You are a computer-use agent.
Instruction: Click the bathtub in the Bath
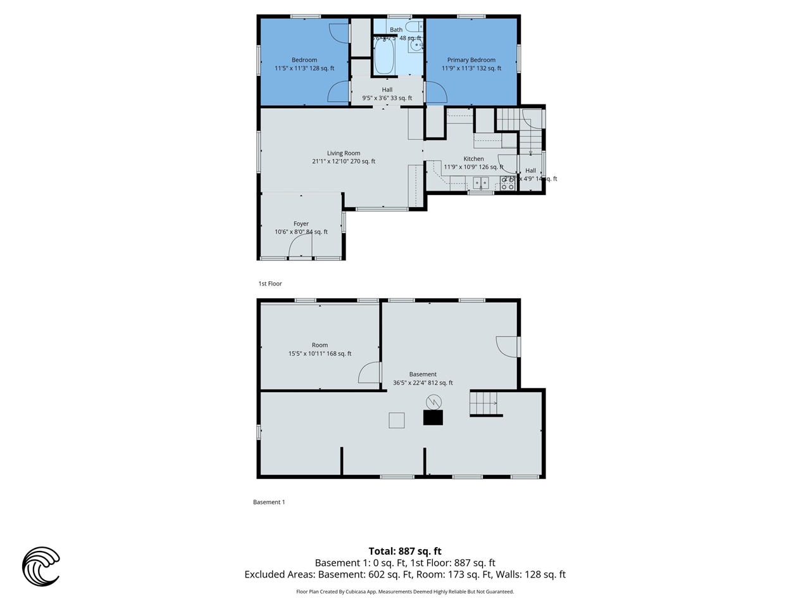[384, 58]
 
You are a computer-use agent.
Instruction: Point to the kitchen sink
[480, 184]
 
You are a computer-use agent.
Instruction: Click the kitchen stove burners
[508, 183]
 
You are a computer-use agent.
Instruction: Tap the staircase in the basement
[485, 403]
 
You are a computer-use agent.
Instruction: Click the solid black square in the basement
[433, 417]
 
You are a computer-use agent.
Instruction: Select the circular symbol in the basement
[433, 401]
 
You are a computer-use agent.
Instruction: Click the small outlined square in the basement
[396, 421]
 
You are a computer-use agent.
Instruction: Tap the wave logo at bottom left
[41, 566]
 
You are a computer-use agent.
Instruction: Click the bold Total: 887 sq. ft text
[405, 551]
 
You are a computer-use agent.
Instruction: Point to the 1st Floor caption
[270, 284]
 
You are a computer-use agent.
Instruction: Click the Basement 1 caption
[269, 502]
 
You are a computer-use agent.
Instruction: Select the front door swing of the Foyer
[301, 250]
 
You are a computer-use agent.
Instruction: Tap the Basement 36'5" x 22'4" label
[423, 379]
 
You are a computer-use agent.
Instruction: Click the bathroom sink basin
[415, 45]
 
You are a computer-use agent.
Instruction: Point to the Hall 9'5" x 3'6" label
[387, 94]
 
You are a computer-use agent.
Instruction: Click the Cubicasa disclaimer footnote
[405, 592]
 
